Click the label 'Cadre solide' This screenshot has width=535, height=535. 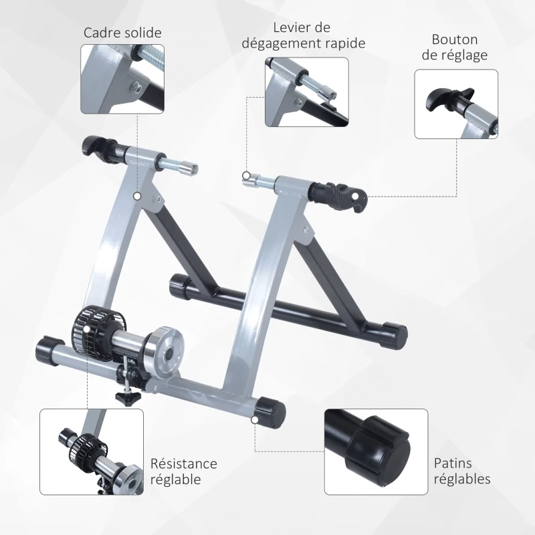(122, 33)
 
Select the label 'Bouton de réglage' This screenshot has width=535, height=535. (459, 47)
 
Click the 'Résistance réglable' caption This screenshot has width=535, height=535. (183, 471)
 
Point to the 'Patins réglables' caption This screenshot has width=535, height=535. (461, 471)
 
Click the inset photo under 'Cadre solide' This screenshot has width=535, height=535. (122, 79)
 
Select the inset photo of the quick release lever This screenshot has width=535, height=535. (306, 92)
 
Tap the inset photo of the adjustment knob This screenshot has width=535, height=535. (455, 104)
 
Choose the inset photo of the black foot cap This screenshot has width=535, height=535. (376, 452)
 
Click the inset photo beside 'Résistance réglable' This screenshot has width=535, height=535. (91, 452)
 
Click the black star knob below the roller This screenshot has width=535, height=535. (125, 398)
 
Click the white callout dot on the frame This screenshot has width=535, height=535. (137, 197)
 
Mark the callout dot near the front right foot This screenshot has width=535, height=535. (255, 419)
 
